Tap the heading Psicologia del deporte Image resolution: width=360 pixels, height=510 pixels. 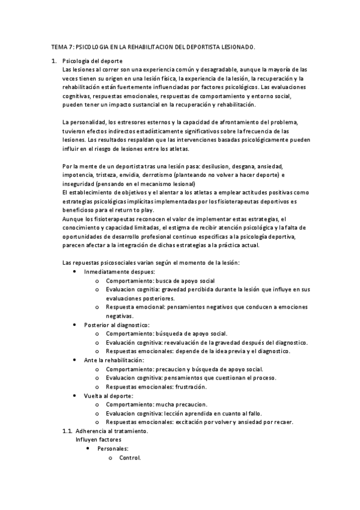pyautogui.click(x=92, y=61)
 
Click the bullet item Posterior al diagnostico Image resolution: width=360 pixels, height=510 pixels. pyautogui.click(x=117, y=324)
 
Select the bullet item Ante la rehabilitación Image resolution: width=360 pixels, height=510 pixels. pyautogui.click(x=114, y=360)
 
